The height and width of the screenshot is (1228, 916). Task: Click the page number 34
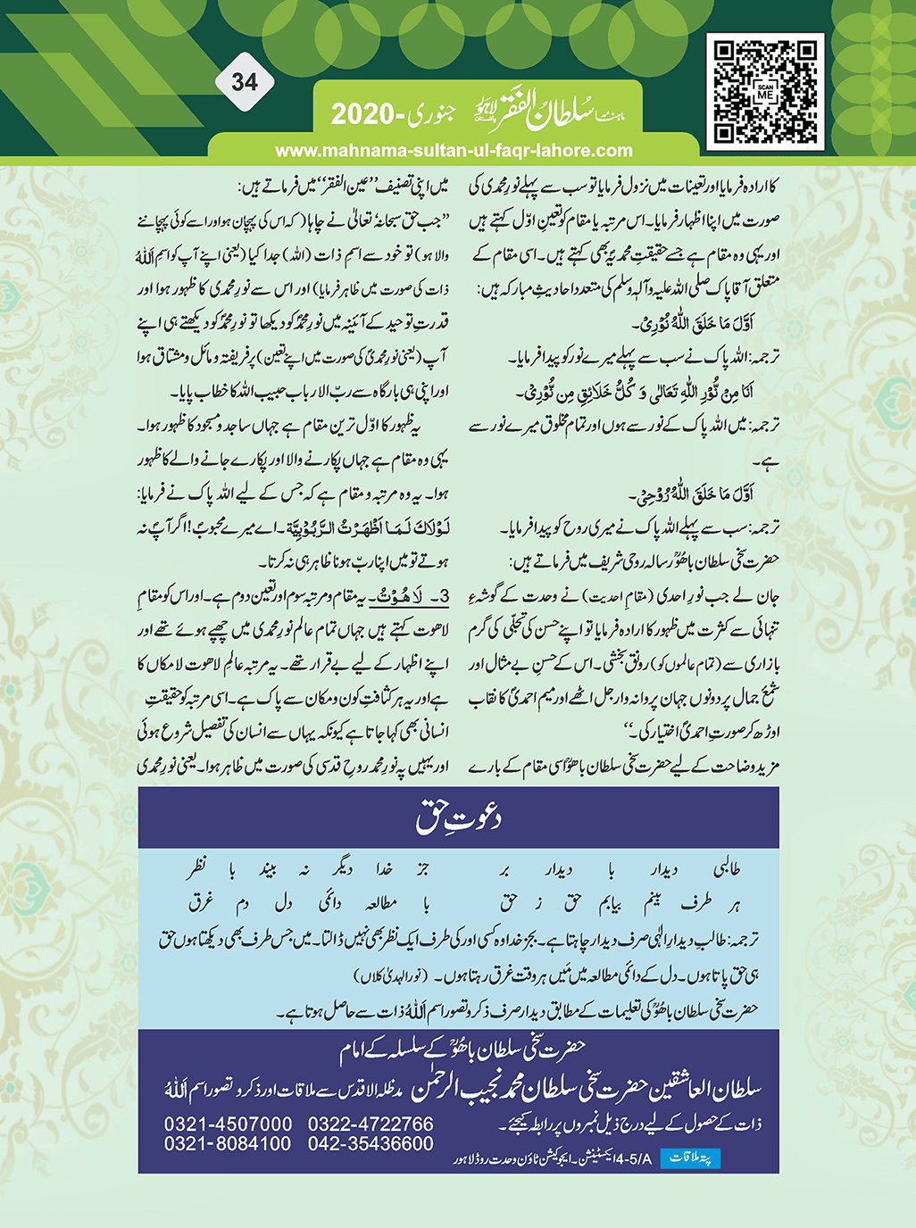pos(244,83)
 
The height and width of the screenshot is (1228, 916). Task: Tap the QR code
pos(765,91)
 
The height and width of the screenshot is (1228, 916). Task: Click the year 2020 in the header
pos(363,114)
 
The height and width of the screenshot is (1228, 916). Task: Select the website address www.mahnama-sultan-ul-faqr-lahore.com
pos(454,151)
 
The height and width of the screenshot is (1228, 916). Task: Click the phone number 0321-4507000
pos(228,1124)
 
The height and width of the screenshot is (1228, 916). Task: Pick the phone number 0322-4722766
pos(371,1124)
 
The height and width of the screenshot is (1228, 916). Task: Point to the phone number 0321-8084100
pos(228,1144)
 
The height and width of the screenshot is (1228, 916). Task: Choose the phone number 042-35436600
pos(371,1144)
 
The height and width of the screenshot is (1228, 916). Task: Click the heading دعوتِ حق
pos(459,817)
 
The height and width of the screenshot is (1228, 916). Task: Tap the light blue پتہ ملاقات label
pos(690,1158)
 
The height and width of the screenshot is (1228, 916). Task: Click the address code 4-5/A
pos(630,1159)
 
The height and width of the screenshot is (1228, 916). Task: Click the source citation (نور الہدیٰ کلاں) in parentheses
pos(390,973)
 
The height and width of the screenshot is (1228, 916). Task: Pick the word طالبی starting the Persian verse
pos(724,869)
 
